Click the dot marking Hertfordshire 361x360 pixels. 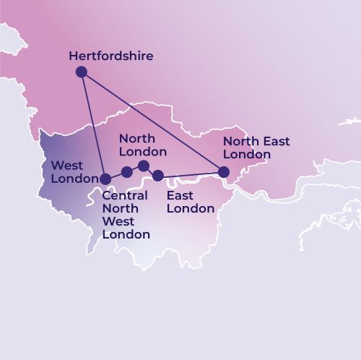[x=82, y=72]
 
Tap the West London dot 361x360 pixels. [x=105, y=179]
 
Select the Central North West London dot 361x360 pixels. [x=127, y=172]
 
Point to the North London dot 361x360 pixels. [x=144, y=166]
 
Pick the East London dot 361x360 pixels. [x=158, y=175]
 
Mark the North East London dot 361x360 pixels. [x=224, y=172]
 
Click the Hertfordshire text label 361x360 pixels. [x=110, y=56]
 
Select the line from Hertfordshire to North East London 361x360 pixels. [x=152, y=121]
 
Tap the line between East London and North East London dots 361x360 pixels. [x=191, y=173]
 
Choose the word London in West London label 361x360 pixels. [x=75, y=179]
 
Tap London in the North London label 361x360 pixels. [x=143, y=152]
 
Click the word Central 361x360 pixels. [x=125, y=196]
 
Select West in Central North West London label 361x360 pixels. [x=117, y=221]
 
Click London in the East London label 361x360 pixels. [x=191, y=209]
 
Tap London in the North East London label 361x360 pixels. [x=247, y=154]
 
